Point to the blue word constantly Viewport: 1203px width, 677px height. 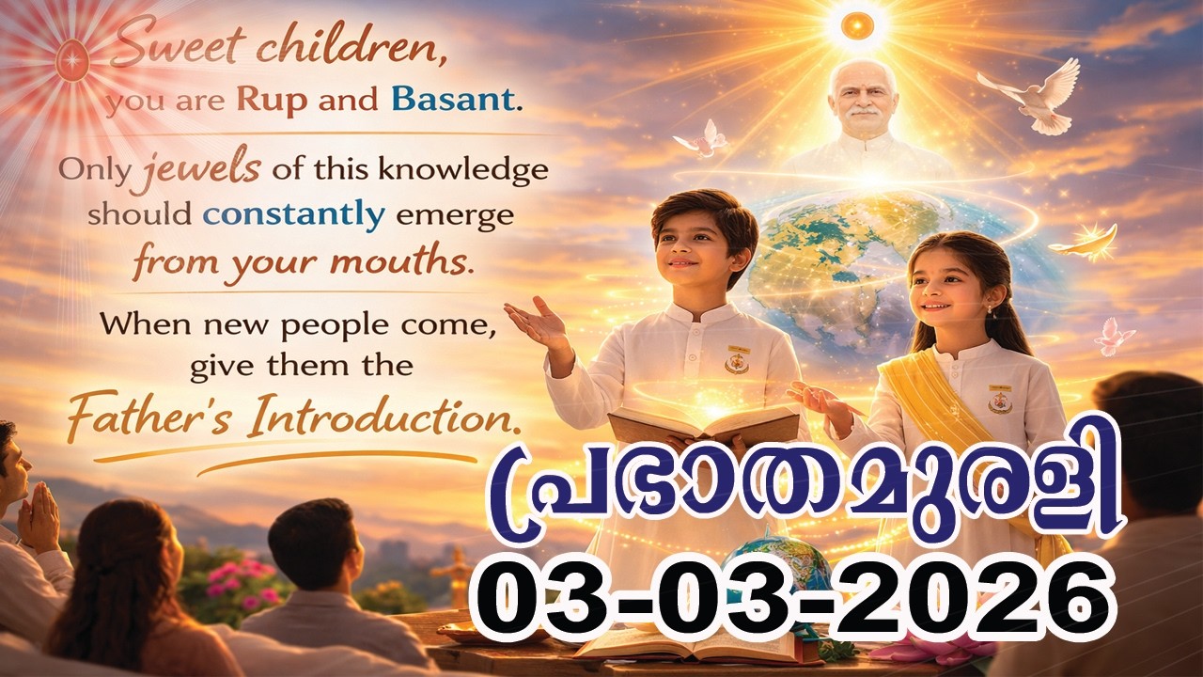click(294, 215)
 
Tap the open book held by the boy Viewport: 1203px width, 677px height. click(703, 422)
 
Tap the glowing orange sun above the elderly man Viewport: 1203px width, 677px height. click(857, 25)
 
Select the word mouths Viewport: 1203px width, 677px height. click(413, 260)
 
